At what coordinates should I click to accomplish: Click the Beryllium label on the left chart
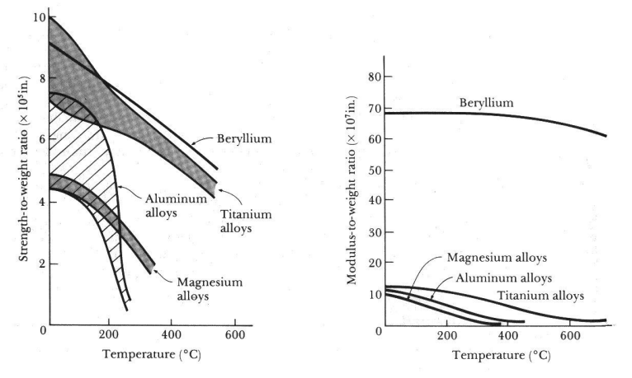tap(245, 139)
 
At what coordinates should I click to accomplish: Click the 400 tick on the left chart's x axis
tap(172, 336)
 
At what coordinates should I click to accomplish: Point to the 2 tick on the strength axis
tap(40, 264)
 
